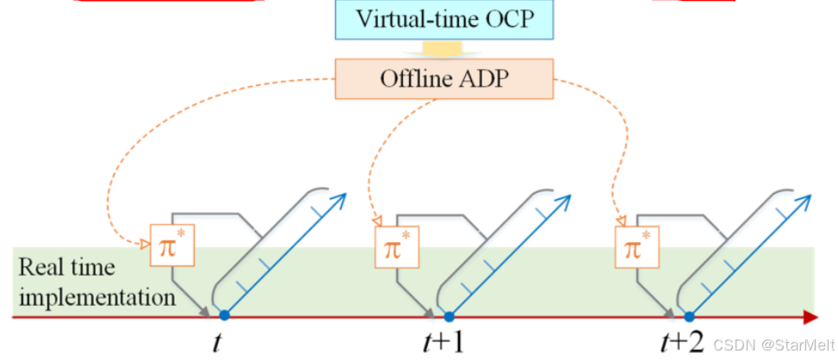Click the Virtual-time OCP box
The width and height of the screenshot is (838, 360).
point(442,20)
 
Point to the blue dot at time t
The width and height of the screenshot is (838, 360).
point(224,316)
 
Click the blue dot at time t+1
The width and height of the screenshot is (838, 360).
point(448,316)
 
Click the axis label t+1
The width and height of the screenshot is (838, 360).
point(446,343)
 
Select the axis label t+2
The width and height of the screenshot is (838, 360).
point(684,343)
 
